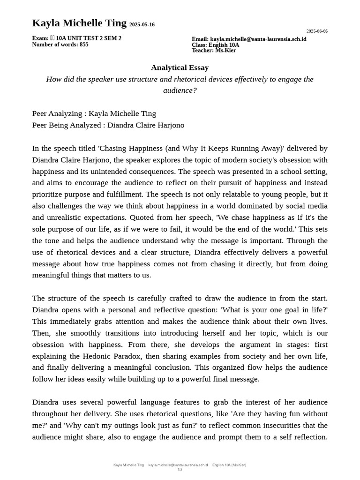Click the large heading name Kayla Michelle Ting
[79, 23]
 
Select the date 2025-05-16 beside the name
[142, 25]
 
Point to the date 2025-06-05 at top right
[317, 31]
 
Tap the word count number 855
[83, 45]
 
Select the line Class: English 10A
[215, 45]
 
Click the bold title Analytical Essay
[180, 68]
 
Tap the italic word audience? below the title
[180, 90]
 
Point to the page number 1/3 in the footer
[180, 470]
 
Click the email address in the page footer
[178, 465]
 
